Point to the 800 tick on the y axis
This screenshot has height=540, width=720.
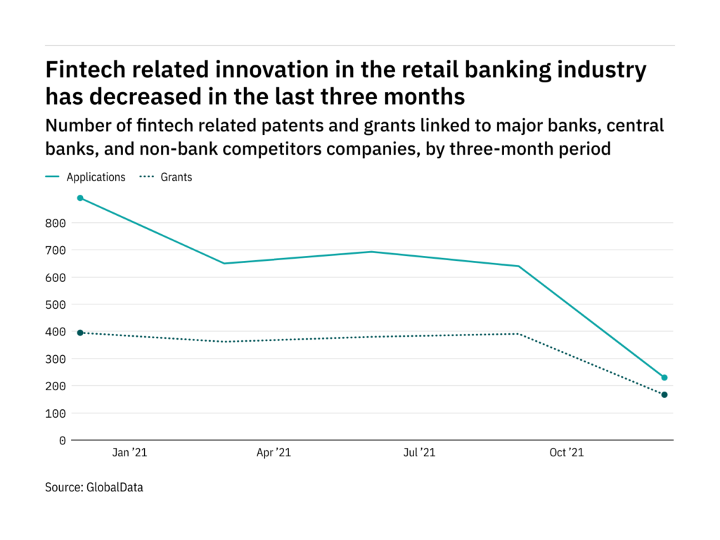(56, 224)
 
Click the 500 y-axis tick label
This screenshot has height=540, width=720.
(56, 305)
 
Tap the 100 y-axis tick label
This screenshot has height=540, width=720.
(56, 413)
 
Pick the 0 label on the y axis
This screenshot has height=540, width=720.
(63, 441)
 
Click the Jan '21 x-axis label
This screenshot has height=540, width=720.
(130, 454)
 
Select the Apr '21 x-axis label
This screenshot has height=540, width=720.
(274, 454)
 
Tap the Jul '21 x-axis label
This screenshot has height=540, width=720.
(419, 454)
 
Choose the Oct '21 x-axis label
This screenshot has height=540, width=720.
(566, 454)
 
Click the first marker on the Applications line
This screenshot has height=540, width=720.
(80, 198)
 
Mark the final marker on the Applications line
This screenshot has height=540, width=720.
(664, 378)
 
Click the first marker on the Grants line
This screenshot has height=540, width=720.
(80, 333)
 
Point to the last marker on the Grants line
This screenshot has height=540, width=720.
(664, 394)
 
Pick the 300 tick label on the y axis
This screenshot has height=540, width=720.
(56, 359)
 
